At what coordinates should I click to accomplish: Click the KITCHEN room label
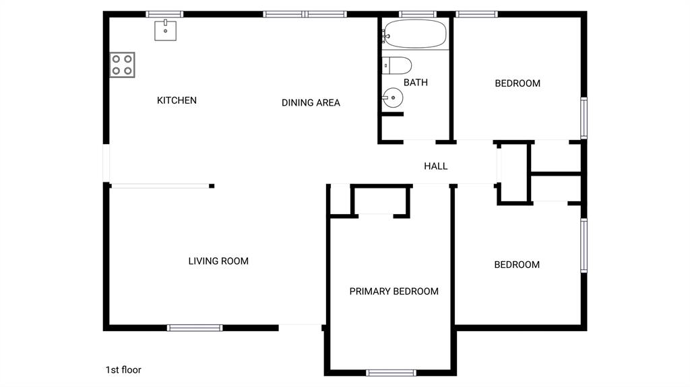[177, 100]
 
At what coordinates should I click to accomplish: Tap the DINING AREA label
[311, 103]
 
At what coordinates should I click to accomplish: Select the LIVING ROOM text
[218, 261]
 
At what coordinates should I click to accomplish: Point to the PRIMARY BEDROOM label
[394, 291]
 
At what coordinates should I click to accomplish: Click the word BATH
[416, 83]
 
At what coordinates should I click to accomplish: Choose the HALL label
[435, 166]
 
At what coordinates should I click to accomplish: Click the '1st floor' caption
[123, 370]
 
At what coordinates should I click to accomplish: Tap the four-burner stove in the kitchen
[122, 65]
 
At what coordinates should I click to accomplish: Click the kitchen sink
[165, 30]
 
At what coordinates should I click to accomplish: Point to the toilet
[397, 65]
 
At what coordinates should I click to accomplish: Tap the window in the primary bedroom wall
[391, 372]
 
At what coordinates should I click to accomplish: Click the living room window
[195, 328]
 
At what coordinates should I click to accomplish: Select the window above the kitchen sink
[165, 14]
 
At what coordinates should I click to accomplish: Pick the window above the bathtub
[418, 14]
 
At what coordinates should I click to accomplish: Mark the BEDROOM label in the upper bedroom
[517, 83]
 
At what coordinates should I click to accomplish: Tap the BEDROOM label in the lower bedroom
[517, 265]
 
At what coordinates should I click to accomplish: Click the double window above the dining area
[305, 14]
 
